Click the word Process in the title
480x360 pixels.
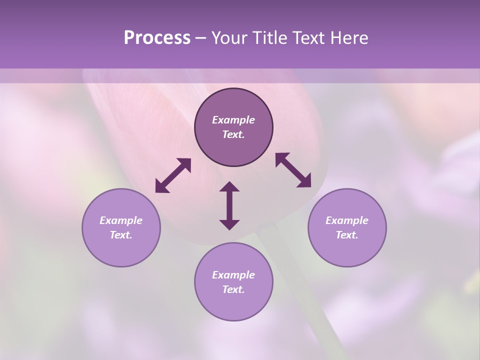coord(157,38)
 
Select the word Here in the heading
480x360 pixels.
coord(347,38)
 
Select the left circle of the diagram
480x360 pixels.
coord(121,227)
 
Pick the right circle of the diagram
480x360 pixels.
coord(347,227)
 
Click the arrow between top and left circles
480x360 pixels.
coord(173,175)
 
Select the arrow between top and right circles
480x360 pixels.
coord(293,170)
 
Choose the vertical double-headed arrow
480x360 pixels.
coord(229,205)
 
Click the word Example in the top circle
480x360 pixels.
coord(233,120)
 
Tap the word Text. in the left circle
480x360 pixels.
coord(121,235)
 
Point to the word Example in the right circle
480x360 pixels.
coord(347,220)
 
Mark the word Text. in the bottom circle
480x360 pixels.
coord(233,289)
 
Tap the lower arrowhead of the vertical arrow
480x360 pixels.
coord(229,224)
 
